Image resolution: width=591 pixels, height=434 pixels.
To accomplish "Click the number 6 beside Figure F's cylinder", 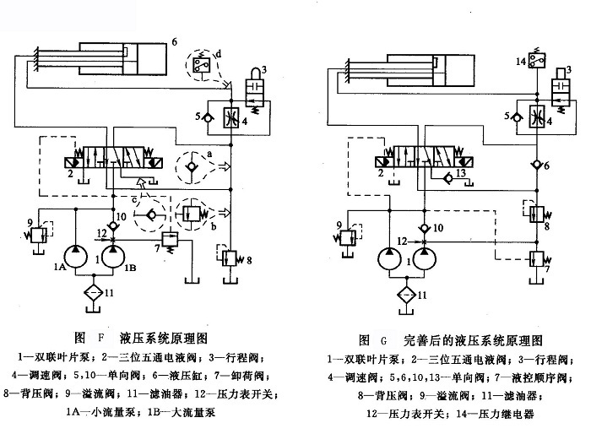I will coord(175,41).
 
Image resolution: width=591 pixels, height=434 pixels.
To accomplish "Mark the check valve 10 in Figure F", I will coord(109,217).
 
